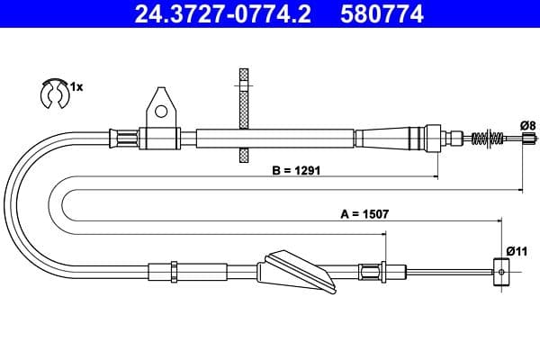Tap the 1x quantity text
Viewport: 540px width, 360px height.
(76, 87)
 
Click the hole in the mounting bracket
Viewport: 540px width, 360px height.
(160, 112)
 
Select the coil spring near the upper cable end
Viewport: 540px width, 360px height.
(486, 139)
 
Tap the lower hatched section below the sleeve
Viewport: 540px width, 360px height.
(241, 155)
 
